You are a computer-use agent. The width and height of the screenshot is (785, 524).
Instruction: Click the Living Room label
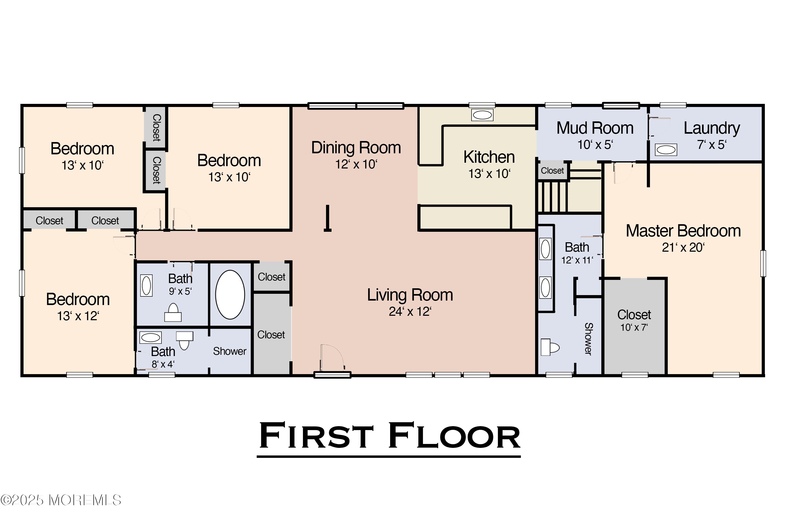point(410,295)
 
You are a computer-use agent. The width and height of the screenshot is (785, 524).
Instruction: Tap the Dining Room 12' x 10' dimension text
point(356,164)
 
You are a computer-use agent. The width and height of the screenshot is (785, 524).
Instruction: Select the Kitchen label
point(489,157)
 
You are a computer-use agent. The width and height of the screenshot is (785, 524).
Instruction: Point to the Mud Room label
point(595,128)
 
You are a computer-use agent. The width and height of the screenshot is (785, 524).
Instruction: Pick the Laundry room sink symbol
point(666,150)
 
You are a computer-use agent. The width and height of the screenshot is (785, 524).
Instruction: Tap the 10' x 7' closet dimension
point(634,328)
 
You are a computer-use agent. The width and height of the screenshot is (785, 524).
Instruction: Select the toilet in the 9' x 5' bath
point(173,312)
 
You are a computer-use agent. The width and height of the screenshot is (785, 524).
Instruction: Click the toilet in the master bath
point(550,347)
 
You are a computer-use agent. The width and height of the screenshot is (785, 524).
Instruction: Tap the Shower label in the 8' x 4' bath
point(229,351)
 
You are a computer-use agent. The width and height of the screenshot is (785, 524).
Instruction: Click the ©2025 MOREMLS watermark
point(60,500)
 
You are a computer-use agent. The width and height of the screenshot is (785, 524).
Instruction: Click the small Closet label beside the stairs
point(552,171)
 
